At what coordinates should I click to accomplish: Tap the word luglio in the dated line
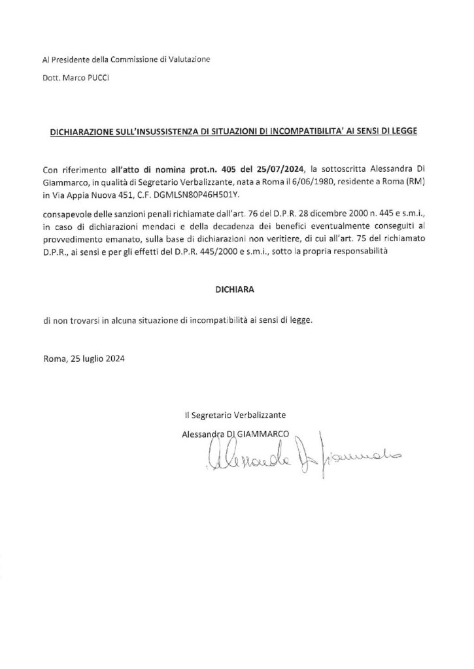click(x=95, y=359)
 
